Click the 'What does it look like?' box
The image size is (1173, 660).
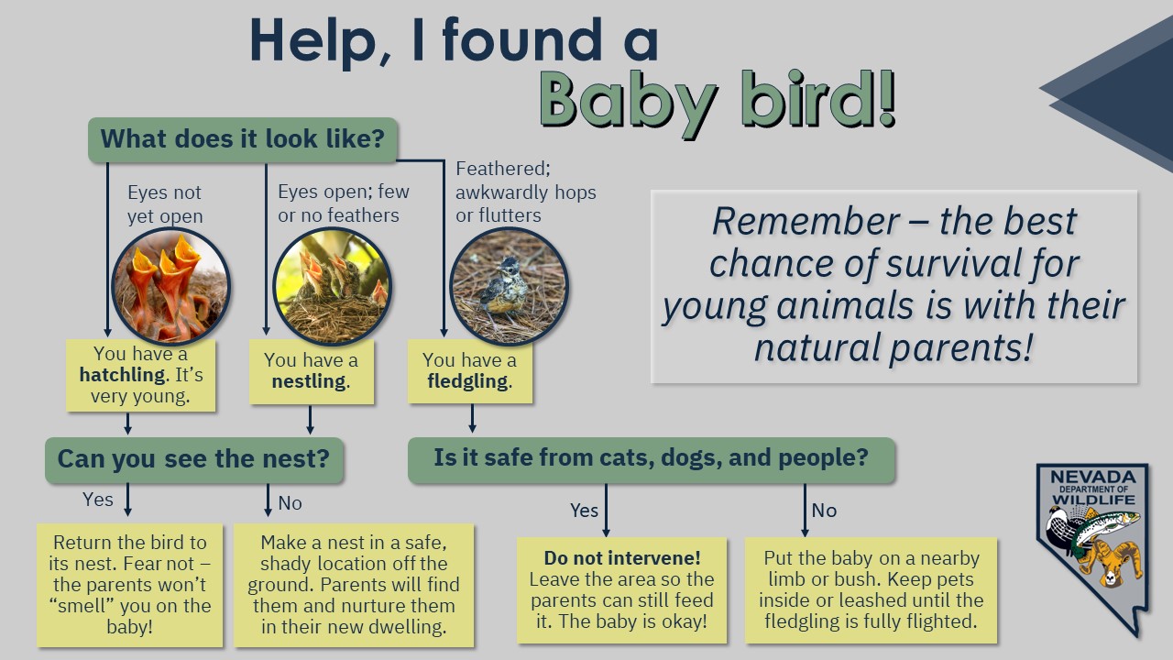point(243,139)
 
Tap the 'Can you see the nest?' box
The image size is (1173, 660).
point(193,460)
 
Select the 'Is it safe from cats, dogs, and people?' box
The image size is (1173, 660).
point(651,459)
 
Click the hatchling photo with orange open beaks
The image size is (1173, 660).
point(170,286)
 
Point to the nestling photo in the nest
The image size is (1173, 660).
point(332,286)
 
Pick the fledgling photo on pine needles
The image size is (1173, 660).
point(509,286)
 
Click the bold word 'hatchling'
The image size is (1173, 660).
point(123,375)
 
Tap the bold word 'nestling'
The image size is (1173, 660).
point(309,381)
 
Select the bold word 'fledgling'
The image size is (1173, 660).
point(467,381)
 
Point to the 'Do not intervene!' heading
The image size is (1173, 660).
point(622,558)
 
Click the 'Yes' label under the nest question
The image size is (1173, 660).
point(98,500)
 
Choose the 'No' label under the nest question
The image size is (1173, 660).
point(291,503)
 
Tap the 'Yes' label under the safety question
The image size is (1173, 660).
point(584,511)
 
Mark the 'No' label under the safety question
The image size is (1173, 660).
point(824,511)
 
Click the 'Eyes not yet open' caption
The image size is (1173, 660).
point(165,204)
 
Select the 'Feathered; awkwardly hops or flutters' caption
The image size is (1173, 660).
point(525,192)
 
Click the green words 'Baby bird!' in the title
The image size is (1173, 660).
point(718,102)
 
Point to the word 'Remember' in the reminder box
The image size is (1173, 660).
point(806,222)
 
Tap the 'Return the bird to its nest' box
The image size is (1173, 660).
point(130,585)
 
